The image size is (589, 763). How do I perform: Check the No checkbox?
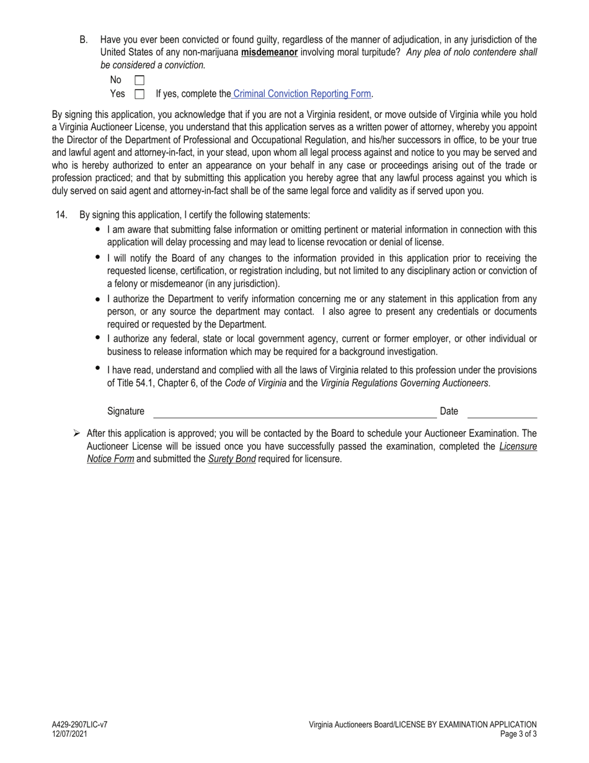click(139, 80)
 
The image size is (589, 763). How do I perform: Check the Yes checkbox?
click(139, 94)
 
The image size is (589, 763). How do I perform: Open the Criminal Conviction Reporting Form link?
click(301, 94)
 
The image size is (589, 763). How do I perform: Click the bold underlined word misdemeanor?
click(269, 53)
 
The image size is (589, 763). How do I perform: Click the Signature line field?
click(294, 412)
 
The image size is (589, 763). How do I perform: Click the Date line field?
click(502, 412)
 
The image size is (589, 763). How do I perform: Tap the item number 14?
click(61, 215)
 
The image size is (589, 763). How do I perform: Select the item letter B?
click(83, 40)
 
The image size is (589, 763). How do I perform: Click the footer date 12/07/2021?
click(69, 734)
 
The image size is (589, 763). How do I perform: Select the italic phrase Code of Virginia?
click(255, 383)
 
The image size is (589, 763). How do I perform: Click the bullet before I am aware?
click(98, 230)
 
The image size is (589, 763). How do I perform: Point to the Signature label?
click(125, 411)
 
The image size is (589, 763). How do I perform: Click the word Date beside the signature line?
click(449, 411)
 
